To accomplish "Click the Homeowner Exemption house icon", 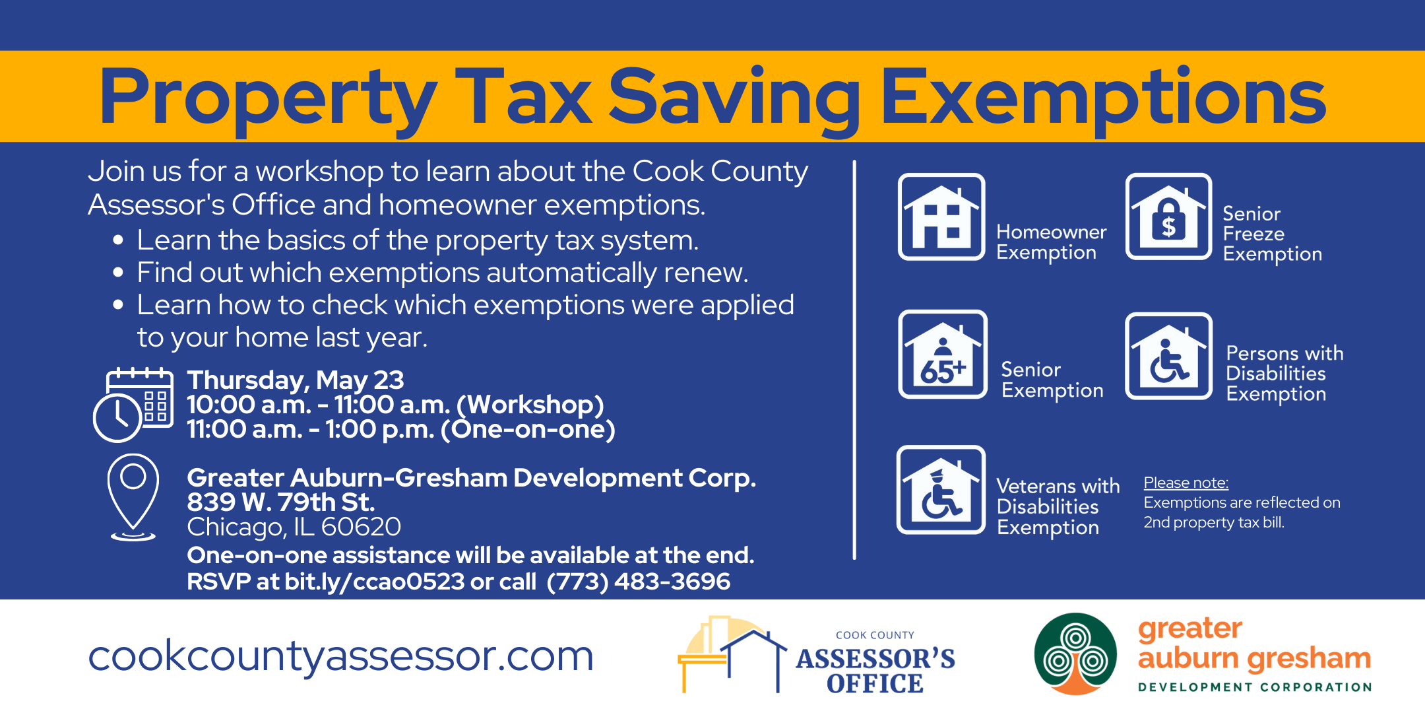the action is (941, 217).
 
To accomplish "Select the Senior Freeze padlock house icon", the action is (1168, 217).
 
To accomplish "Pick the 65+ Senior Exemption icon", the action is (943, 355).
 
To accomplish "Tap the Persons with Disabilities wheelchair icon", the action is (1168, 356).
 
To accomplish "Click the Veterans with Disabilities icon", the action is (941, 489).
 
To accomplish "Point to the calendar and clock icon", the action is (133, 405).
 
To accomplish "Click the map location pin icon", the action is (133, 497).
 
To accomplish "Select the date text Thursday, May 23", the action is (296, 380).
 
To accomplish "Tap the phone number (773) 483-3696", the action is (639, 582).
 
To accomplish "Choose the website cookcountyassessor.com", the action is (341, 656).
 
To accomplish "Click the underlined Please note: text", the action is (1186, 483).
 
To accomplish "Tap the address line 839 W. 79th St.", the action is (281, 502).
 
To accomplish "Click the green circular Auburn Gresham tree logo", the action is (1075, 654).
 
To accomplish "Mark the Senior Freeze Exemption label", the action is (1272, 234).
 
